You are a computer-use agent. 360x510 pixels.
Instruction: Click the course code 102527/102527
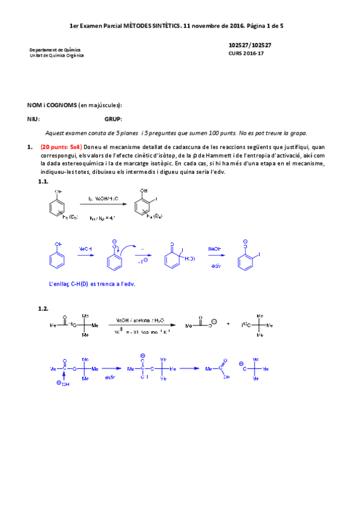pyautogui.click(x=249, y=46)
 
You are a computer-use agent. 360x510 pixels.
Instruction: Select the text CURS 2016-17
pyautogui.click(x=246, y=54)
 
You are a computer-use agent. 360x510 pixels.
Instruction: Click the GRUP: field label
pyautogui.click(x=113, y=119)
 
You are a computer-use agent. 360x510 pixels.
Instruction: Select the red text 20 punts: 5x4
pyautogui.click(x=61, y=147)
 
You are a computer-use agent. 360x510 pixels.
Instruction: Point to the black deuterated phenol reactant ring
pyautogui.click(x=56, y=208)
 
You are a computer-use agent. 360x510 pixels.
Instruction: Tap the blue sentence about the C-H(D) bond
pyautogui.click(x=92, y=283)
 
